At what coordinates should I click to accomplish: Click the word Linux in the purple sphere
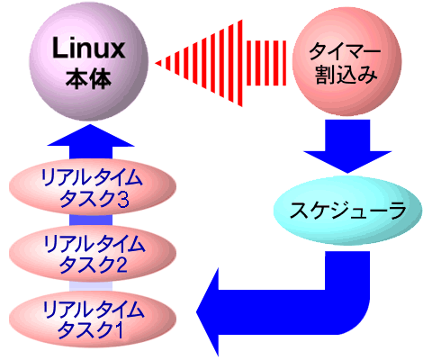[88, 49]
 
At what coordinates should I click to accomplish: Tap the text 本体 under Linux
[88, 78]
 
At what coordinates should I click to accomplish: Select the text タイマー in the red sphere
[345, 51]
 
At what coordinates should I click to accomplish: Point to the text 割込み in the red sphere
[345, 74]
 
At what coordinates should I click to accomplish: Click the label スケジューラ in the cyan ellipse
[347, 211]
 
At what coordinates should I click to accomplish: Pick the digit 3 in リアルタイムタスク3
[123, 199]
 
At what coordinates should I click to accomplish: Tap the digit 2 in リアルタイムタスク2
[121, 265]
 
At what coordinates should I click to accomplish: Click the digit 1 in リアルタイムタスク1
[119, 330]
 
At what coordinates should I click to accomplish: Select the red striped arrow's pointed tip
[157, 63]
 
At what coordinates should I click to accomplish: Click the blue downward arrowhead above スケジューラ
[347, 161]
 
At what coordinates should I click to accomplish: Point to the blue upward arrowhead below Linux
[91, 136]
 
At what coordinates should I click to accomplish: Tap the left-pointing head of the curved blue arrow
[208, 312]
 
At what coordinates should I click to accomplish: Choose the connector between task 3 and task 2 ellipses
[91, 220]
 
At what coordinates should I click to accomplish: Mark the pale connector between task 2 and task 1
[91, 286]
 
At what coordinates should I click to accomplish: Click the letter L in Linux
[59, 49]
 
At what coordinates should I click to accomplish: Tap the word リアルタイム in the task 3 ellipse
[92, 177]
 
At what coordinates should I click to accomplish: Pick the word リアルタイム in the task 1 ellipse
[94, 310]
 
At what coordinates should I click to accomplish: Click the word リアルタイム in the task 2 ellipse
[94, 244]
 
